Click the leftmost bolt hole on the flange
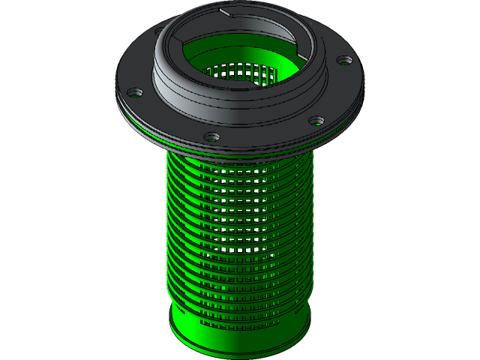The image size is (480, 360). [134, 93]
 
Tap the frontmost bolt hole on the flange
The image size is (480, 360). [212, 137]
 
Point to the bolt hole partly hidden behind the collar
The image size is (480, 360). [160, 33]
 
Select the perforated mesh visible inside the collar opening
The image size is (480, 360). [240, 73]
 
